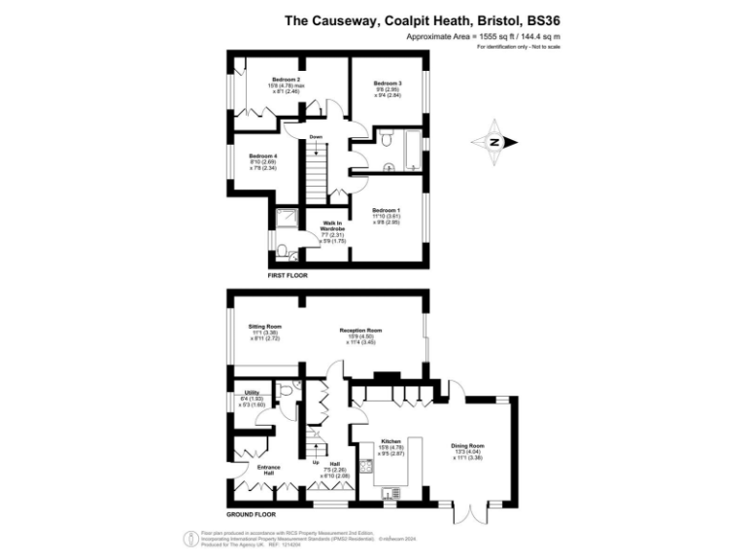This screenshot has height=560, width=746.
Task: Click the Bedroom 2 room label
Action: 286,79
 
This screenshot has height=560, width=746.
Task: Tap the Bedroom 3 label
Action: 388,85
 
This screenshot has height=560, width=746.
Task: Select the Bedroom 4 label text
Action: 262,156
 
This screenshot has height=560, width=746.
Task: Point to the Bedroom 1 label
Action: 387,210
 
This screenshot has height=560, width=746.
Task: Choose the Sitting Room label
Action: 264,326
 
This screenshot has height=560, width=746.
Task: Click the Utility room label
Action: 252,392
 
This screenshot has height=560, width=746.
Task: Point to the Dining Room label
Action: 468,447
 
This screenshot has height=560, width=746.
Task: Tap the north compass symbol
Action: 493,143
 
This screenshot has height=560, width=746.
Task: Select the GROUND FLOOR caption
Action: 252,513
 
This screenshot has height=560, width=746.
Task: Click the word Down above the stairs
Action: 316,137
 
